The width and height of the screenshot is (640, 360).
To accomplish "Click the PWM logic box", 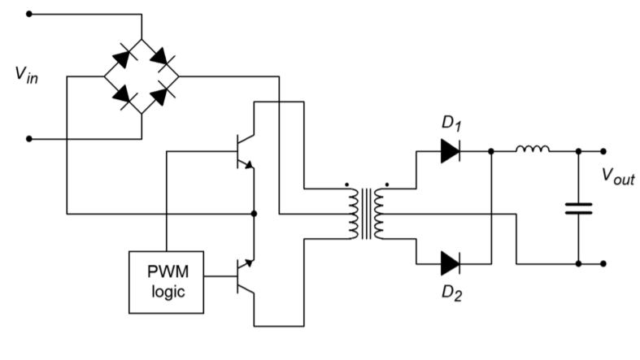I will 166,282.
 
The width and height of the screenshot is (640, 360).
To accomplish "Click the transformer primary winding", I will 355,214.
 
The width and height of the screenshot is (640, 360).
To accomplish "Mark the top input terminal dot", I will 29,14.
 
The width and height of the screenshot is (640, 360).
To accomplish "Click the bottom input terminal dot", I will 29,139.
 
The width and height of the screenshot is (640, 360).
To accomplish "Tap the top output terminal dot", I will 603,151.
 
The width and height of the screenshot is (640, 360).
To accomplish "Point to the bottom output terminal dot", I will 603,263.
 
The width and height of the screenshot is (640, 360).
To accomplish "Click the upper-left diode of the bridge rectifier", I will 123,58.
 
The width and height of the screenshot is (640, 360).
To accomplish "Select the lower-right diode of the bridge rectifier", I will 160,96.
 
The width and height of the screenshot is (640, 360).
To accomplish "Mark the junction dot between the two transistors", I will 255,214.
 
